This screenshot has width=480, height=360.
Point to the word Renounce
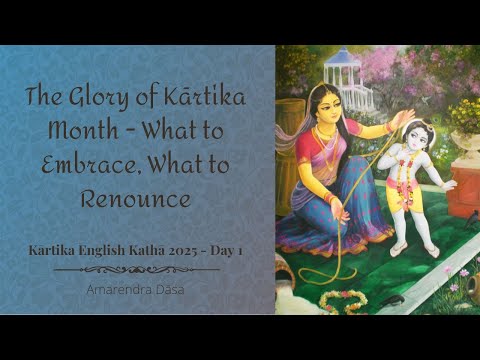tap(136, 198)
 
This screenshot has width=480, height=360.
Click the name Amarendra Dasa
tap(135, 287)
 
